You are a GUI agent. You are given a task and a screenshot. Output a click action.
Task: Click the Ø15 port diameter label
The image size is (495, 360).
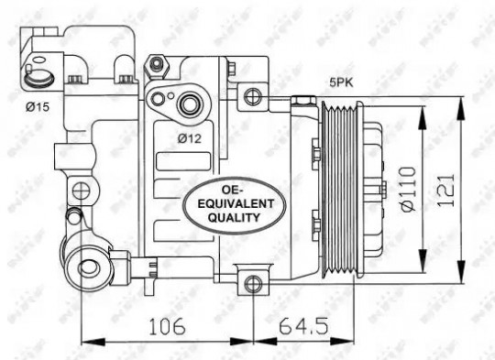[38, 107]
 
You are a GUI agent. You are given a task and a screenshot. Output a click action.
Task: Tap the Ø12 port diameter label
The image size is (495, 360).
[189, 138]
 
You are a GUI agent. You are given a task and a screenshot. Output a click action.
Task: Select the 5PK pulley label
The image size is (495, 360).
[341, 82]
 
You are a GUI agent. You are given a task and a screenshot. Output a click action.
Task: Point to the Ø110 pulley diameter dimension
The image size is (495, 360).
[408, 189]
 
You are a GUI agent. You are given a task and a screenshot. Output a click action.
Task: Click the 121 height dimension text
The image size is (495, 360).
[445, 190]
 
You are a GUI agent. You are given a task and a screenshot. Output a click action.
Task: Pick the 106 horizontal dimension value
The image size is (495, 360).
[167, 326]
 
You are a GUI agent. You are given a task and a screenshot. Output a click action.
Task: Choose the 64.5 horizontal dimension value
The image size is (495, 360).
[303, 326]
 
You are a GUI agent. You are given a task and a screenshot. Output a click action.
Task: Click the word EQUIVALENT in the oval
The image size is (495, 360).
[236, 204]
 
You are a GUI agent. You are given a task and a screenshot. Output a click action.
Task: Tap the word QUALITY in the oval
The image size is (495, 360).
[235, 217]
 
